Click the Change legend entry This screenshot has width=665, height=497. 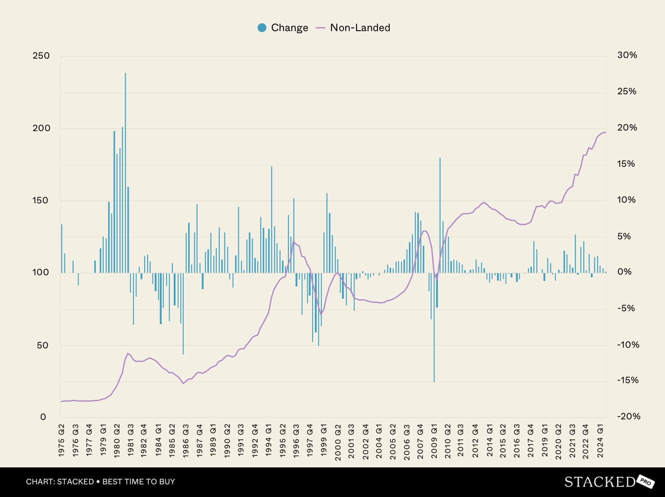[x=283, y=28]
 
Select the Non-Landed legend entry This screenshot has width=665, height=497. [x=353, y=28]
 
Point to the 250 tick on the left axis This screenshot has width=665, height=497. [x=41, y=56]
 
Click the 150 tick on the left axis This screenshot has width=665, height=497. [x=41, y=200]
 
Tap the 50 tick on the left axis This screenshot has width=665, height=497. [x=42, y=345]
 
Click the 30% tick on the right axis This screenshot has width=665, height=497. [x=627, y=55]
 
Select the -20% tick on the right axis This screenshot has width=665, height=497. [x=628, y=416]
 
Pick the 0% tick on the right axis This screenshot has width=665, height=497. [x=624, y=272]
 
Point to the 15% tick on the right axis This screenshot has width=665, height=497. [x=626, y=164]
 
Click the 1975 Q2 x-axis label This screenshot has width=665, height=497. [x=62, y=440]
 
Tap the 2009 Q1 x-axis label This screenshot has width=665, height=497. [x=434, y=440]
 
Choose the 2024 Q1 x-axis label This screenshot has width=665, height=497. [x=600, y=440]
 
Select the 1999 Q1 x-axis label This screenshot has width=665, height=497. [x=324, y=440]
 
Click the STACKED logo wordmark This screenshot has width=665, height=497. [x=599, y=482]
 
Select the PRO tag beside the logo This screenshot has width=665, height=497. [x=645, y=482]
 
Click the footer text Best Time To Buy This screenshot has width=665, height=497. [x=138, y=482]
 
